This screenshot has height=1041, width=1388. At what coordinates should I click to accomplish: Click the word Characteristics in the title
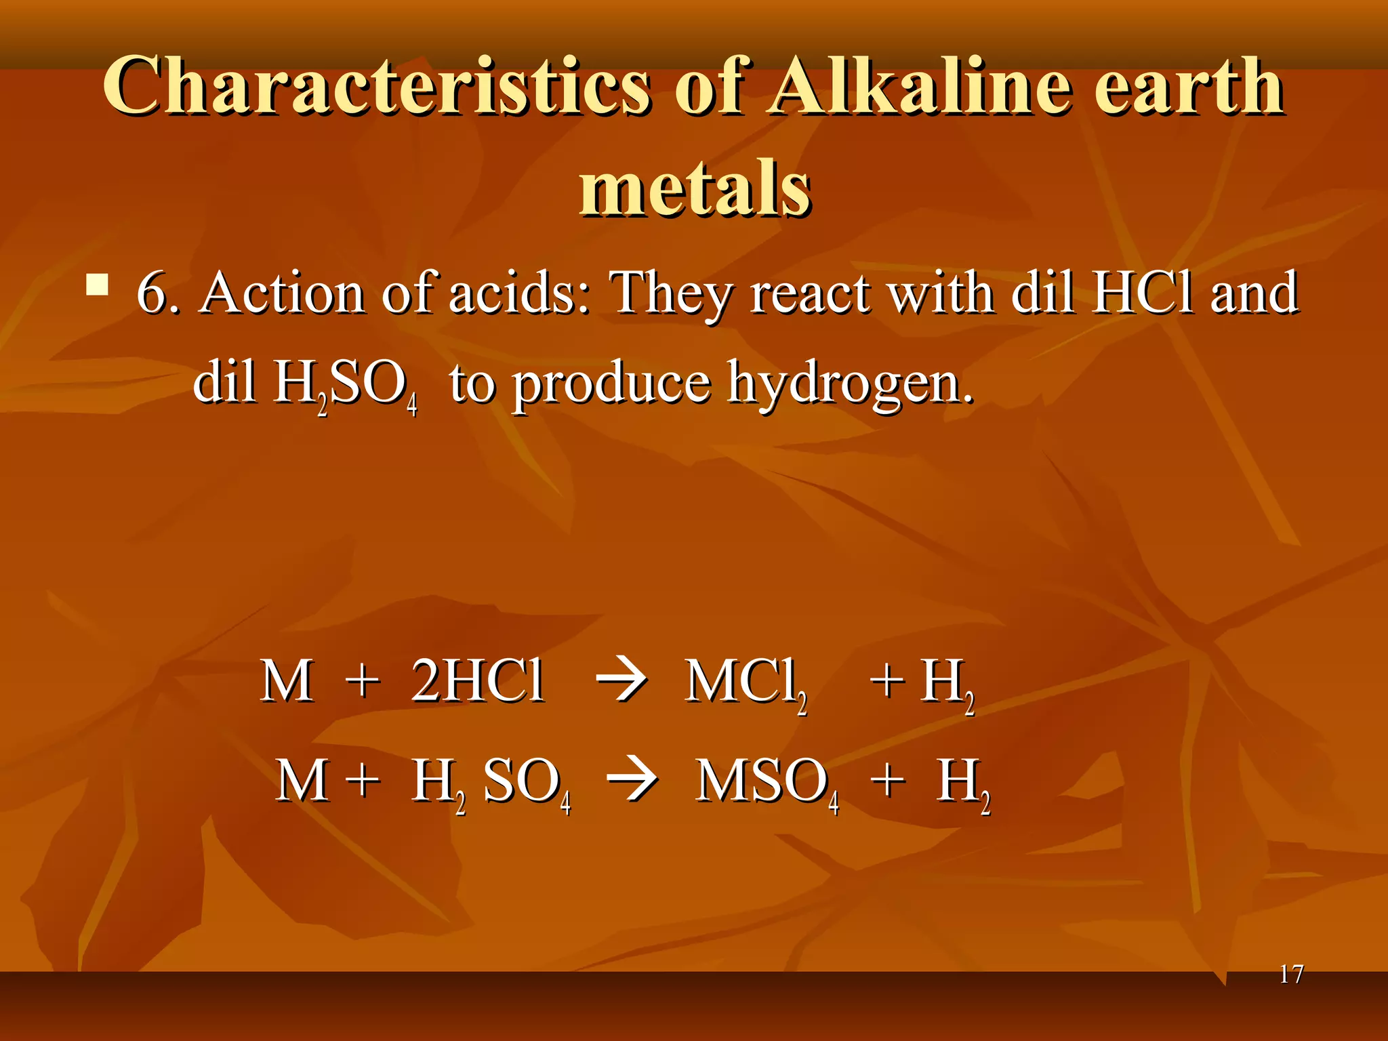click(x=377, y=87)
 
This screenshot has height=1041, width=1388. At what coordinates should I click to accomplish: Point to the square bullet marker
click(x=98, y=285)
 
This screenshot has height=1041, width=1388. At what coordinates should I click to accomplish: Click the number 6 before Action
click(x=150, y=293)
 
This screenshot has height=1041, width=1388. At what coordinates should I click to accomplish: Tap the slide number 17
click(x=1291, y=975)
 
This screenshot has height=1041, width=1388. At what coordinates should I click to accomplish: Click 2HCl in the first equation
click(x=478, y=680)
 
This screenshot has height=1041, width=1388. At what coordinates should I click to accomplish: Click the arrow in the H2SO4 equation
click(x=632, y=781)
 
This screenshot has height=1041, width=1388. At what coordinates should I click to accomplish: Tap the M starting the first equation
click(x=287, y=680)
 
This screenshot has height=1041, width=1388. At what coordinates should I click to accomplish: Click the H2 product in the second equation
click(x=963, y=783)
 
